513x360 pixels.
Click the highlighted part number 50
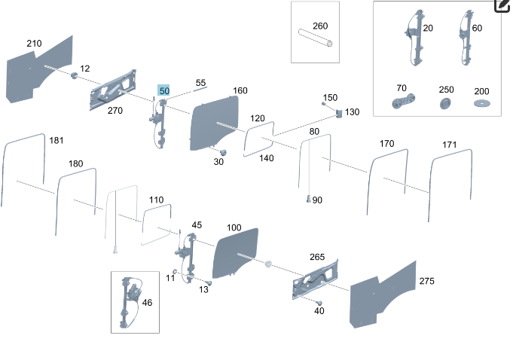pos(164,90)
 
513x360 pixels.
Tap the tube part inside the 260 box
pos(316,38)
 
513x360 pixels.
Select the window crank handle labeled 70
pos(404,101)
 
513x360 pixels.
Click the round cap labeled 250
pos(445,103)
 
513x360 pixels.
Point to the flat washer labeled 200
pos(482,103)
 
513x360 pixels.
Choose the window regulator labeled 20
pos(415,38)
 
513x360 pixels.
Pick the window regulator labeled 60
pos(466,38)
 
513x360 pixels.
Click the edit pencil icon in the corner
pos(503,5)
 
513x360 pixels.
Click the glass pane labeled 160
pos(213,123)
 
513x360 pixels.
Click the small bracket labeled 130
pos(339,114)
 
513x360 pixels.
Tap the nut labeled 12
pos(75,75)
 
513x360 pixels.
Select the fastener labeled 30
pos(223,152)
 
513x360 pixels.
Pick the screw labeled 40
pos(319,303)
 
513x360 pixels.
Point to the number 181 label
pos(56,140)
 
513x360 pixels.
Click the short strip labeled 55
pos(200,89)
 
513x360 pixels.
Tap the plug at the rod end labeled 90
pos(308,199)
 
